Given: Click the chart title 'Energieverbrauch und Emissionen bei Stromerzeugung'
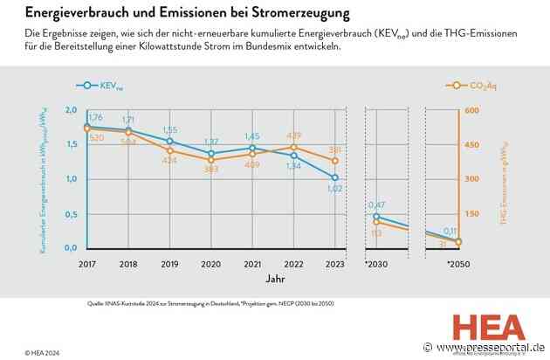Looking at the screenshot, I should [x=183, y=14].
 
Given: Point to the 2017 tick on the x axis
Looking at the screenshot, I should [x=86, y=263].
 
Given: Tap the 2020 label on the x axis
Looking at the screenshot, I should [x=210, y=263].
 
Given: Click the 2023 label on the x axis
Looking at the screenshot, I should [x=333, y=263].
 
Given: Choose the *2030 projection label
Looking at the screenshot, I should [x=375, y=263].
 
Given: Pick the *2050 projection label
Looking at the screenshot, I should [x=458, y=263].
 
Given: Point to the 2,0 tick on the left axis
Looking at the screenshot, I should [x=71, y=111].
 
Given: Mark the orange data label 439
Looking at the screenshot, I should [x=293, y=135].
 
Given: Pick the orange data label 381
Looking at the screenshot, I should [x=334, y=150].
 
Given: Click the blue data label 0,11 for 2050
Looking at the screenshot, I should [x=450, y=232].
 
